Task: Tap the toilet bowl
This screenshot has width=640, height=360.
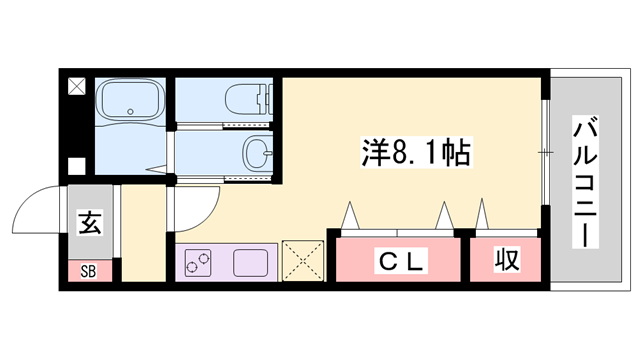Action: point(240,100)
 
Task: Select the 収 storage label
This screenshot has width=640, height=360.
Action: point(508,262)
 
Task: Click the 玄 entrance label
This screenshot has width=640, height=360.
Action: point(90,223)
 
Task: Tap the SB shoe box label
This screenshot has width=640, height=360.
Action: point(89,270)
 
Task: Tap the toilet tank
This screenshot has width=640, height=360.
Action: point(267,99)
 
